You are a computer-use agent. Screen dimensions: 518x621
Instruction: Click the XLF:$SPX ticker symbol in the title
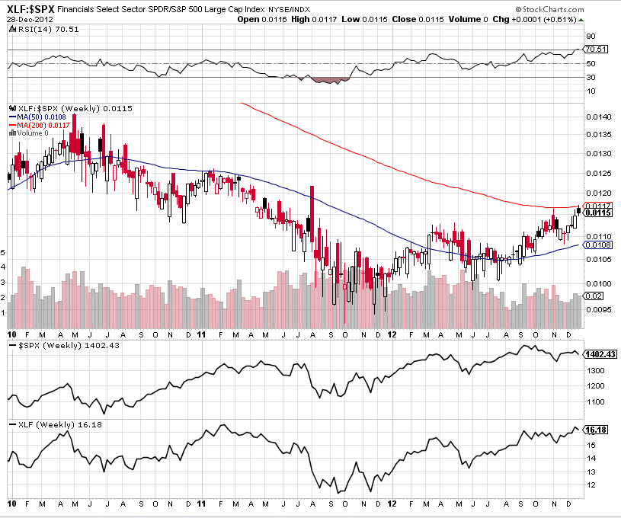tap(30, 8)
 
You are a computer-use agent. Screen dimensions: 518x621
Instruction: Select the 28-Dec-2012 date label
tap(27, 18)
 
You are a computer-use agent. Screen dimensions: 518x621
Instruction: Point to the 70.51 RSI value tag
tap(594, 50)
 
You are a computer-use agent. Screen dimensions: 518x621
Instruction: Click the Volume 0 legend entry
tap(32, 133)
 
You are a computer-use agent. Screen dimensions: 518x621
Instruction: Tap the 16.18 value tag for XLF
tap(595, 430)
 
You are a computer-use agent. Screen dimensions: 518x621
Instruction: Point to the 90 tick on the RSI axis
tap(590, 36)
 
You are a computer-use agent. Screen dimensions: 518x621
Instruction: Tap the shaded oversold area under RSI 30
tap(331, 79)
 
